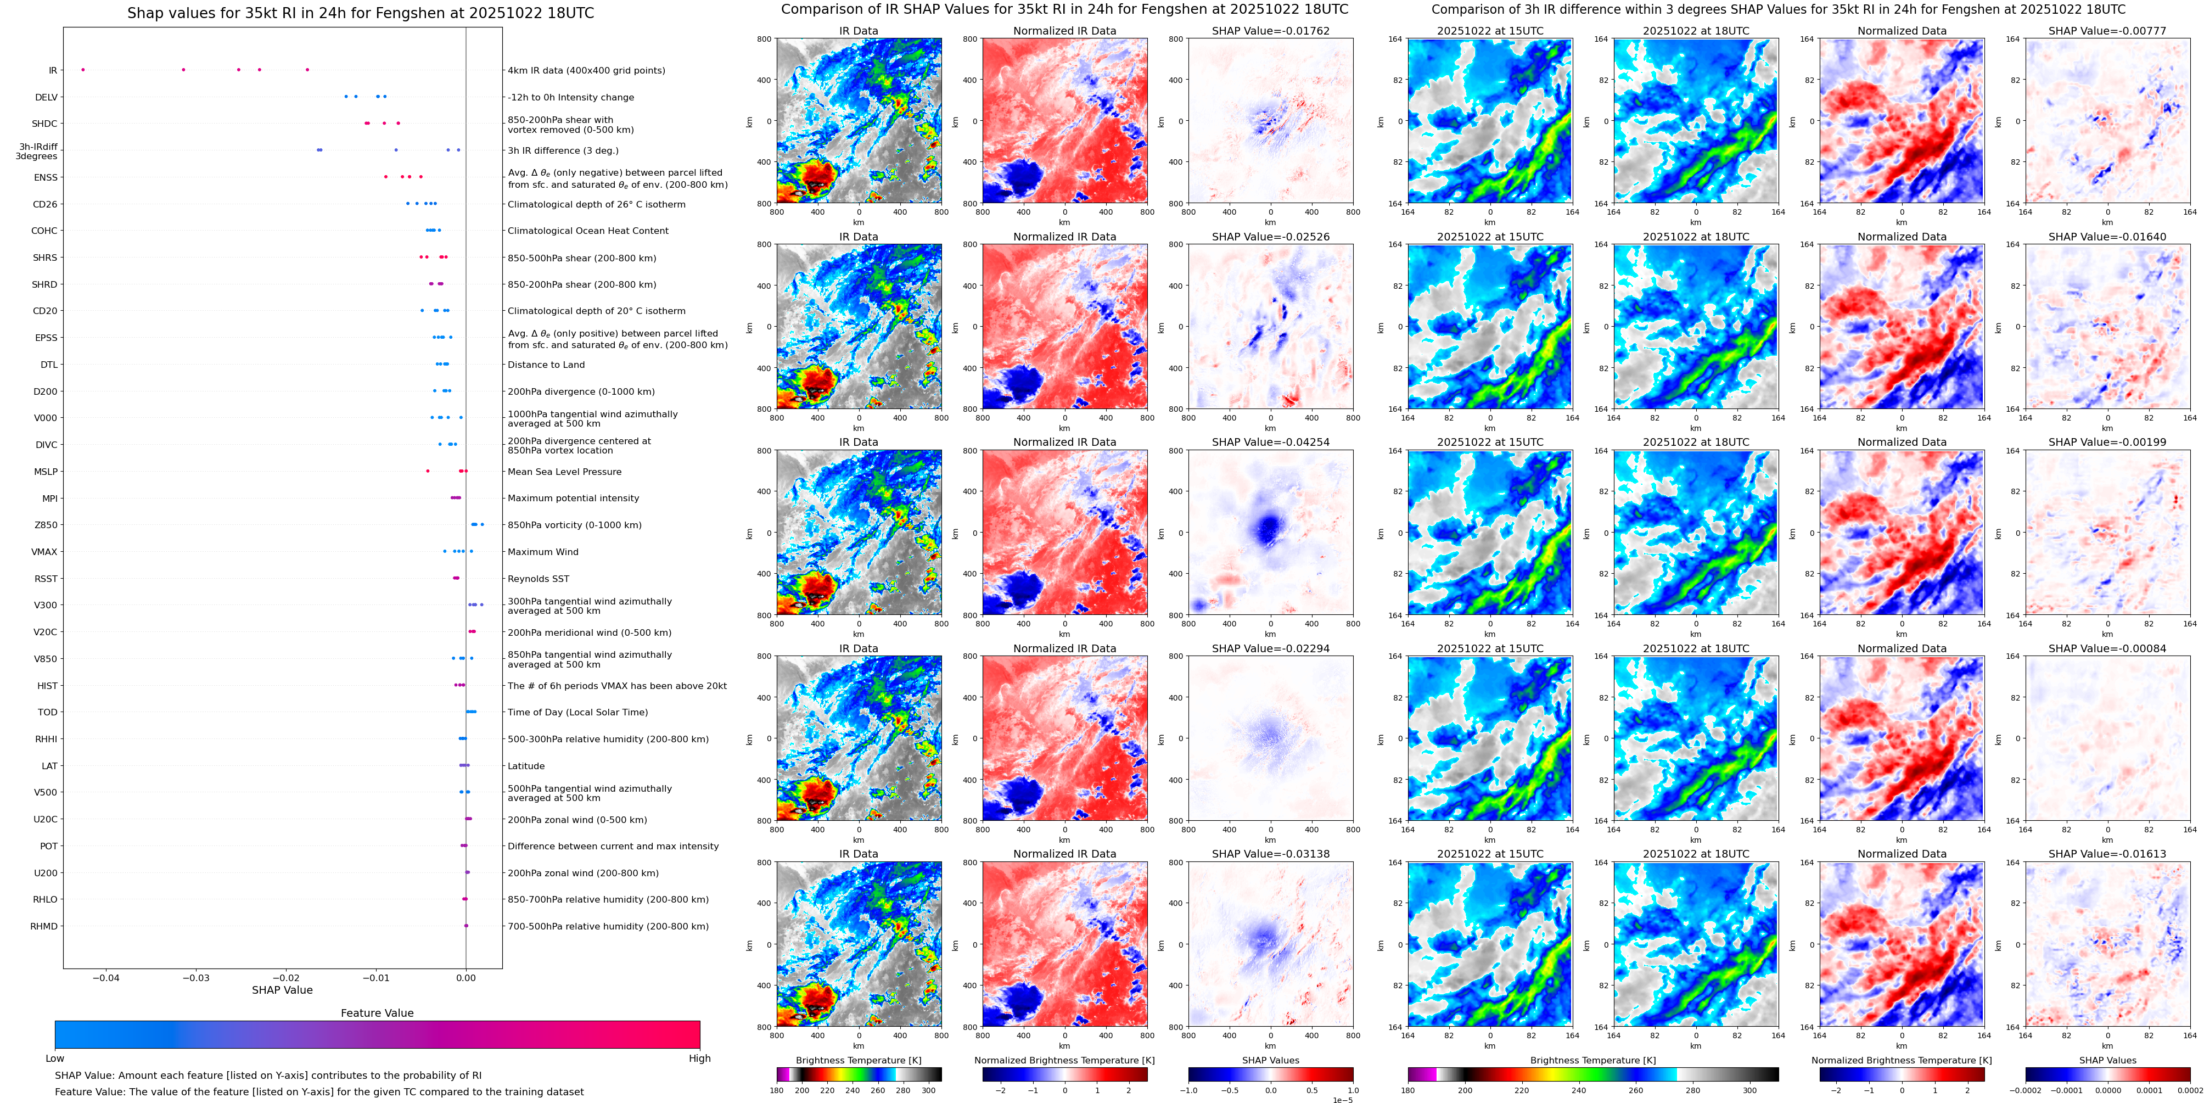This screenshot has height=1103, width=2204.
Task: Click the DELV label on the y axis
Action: coord(46,98)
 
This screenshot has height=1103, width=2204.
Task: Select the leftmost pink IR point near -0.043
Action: coord(83,69)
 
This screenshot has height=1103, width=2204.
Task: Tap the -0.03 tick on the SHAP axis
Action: coord(196,977)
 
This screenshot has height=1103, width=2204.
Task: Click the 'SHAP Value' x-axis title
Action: coord(282,990)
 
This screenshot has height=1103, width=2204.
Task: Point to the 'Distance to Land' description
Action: coord(546,365)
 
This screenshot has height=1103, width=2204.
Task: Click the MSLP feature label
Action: coord(46,472)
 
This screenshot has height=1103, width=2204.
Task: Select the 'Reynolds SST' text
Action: coord(538,579)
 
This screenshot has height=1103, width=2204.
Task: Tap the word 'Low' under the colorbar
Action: coord(55,1059)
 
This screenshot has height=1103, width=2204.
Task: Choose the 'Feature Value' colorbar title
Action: coord(377,1013)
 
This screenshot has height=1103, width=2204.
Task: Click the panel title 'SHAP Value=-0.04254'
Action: coord(1271,443)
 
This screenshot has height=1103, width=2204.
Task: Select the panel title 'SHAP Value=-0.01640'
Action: coord(2107,237)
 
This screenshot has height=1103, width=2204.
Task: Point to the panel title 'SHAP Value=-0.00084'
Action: coord(2107,648)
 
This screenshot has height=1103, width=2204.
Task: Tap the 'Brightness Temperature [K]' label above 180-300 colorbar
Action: coord(858,1060)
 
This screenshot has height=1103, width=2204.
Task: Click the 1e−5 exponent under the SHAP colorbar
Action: coord(1342,1100)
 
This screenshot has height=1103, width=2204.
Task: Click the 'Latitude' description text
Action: coord(526,766)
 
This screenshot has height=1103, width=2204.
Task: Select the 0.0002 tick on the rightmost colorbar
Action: coord(2189,1090)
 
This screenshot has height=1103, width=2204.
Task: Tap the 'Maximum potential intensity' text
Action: coord(573,498)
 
